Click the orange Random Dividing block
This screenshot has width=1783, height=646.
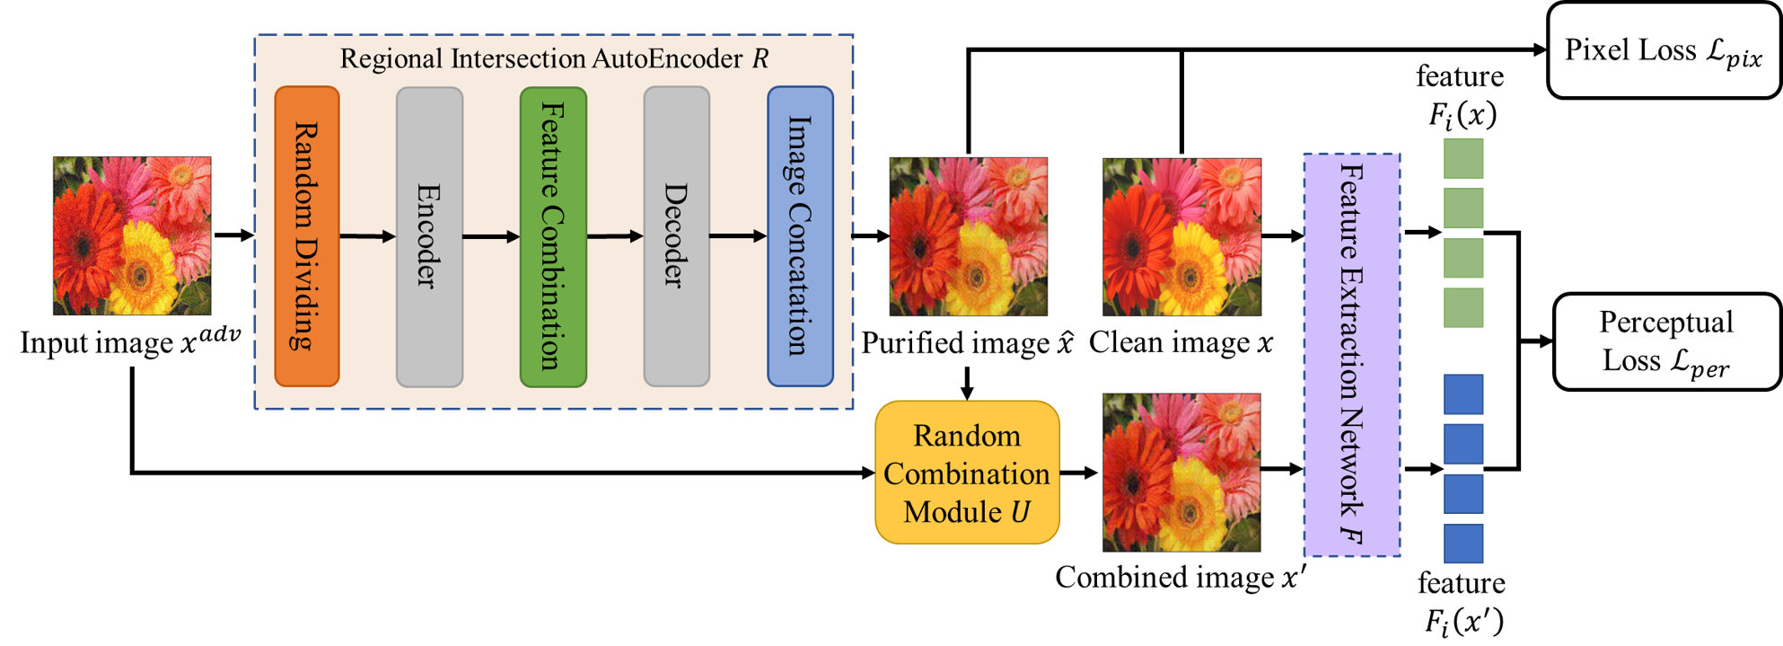pyautogui.click(x=306, y=236)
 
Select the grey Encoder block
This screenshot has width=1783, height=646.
pyautogui.click(x=429, y=236)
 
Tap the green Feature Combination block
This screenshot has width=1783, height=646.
pyautogui.click(x=553, y=236)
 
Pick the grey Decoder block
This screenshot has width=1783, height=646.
pyautogui.click(x=676, y=236)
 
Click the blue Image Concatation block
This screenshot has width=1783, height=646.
pyautogui.click(x=800, y=236)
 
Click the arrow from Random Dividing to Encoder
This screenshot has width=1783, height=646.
pyautogui.click(x=367, y=236)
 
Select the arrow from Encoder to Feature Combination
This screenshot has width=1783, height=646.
pyautogui.click(x=491, y=236)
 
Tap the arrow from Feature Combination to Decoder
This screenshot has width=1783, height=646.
pyautogui.click(x=615, y=236)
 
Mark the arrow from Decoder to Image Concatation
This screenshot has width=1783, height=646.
pyautogui.click(x=738, y=236)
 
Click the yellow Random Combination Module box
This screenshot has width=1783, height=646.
pyautogui.click(x=967, y=473)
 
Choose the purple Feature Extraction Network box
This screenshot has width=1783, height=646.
pyautogui.click(x=1351, y=355)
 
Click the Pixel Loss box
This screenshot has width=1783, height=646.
pyautogui.click(x=1664, y=50)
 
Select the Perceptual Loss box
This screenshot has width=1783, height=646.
pyautogui.click(x=1666, y=341)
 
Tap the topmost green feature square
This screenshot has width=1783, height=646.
pyautogui.click(x=1463, y=158)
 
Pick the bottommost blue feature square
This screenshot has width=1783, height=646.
pyautogui.click(x=1463, y=544)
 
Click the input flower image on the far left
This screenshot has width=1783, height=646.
pyautogui.click(x=132, y=236)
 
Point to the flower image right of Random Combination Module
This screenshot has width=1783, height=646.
pyautogui.click(x=1181, y=473)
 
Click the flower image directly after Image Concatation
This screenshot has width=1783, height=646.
pyautogui.click(x=968, y=236)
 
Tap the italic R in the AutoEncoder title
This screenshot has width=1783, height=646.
pyautogui.click(x=760, y=59)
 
